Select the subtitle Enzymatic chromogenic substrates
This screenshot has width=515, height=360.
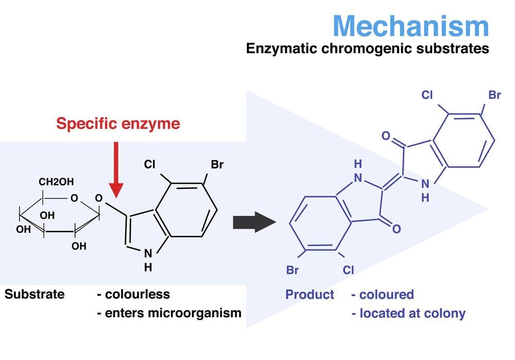(367, 49)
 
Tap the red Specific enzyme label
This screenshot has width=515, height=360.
(118, 124)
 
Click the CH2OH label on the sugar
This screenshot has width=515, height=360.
(56, 182)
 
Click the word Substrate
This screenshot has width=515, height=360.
(35, 294)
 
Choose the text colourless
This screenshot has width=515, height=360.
(137, 294)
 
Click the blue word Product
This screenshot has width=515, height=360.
(310, 295)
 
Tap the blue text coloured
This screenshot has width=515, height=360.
(386, 295)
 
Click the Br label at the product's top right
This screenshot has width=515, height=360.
(494, 95)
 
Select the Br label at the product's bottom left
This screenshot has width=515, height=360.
(292, 270)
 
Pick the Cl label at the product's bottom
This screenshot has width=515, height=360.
(348, 270)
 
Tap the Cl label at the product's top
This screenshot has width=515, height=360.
(427, 95)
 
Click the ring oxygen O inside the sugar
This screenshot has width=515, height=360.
(75, 198)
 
